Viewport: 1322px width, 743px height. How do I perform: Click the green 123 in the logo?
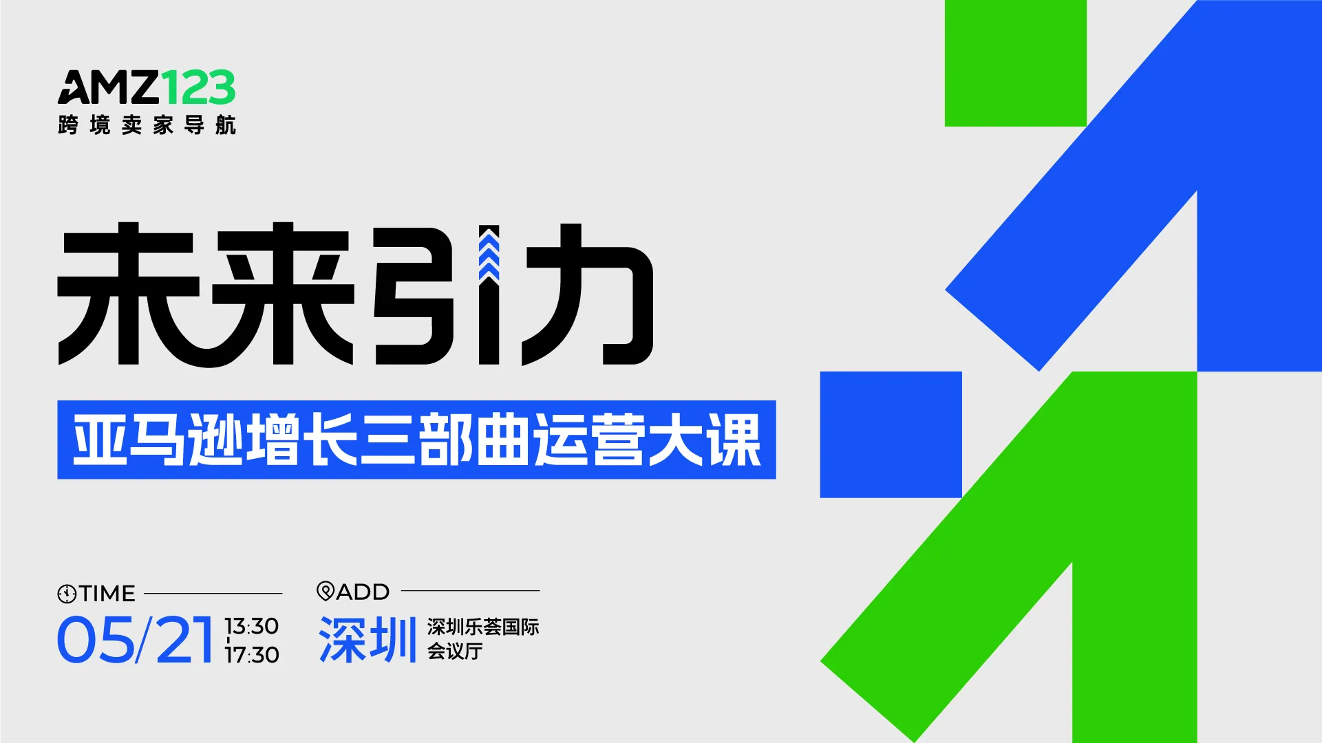(x=198, y=87)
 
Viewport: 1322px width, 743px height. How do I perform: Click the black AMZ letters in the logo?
(x=109, y=87)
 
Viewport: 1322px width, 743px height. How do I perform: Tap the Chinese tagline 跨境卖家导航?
(x=147, y=125)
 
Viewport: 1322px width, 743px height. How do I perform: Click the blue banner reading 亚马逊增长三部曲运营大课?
(x=416, y=440)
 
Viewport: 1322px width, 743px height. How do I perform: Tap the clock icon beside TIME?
(x=67, y=594)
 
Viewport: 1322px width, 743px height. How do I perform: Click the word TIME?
(x=107, y=593)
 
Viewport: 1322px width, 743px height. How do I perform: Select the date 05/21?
(x=135, y=640)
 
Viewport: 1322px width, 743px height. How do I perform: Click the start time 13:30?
(x=251, y=626)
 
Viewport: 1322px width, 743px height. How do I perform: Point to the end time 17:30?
(x=252, y=655)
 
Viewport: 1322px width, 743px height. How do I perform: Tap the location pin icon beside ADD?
(x=325, y=591)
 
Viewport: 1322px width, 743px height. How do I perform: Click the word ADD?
(x=363, y=592)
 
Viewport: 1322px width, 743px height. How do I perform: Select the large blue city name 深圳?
(x=367, y=640)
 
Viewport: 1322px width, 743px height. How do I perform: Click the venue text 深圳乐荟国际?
(x=482, y=627)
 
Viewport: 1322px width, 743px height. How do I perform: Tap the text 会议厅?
(x=454, y=651)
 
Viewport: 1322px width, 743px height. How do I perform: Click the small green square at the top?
(x=1015, y=63)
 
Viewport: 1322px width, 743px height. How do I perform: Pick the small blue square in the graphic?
(x=891, y=434)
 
